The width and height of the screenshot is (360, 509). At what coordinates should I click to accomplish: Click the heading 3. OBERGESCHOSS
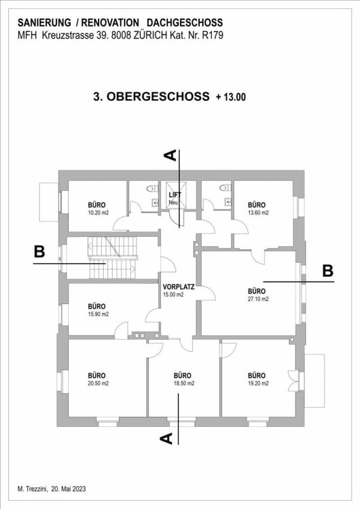151,96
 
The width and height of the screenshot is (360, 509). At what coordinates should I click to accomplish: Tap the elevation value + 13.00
230,97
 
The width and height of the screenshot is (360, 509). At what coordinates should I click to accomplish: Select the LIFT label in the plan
175,195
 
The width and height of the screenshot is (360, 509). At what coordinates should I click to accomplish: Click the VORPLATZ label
179,286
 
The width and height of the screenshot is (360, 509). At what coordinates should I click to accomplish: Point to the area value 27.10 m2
258,299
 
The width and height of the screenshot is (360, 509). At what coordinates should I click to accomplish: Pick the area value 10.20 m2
97,212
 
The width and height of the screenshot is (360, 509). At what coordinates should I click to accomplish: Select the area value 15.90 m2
97,314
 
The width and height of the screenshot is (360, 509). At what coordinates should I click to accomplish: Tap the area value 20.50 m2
97,383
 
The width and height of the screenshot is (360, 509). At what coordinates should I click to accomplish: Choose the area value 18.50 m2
183,383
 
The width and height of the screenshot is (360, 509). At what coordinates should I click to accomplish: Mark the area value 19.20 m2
256,383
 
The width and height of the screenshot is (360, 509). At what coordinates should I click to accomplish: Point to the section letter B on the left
39,252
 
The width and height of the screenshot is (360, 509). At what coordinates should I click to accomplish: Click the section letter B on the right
328,270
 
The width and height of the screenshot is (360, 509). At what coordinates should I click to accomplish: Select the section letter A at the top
172,155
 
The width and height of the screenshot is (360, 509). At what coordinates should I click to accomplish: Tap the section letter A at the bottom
165,438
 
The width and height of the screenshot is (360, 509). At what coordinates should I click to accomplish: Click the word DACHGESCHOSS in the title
185,23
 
